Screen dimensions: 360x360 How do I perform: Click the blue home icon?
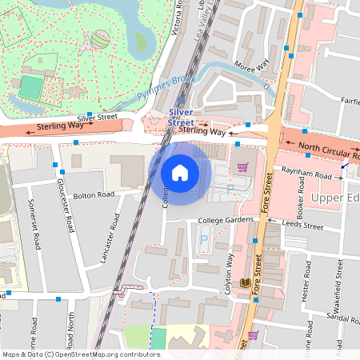click(x=180, y=172)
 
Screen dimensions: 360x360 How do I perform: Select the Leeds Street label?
click(x=304, y=226)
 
